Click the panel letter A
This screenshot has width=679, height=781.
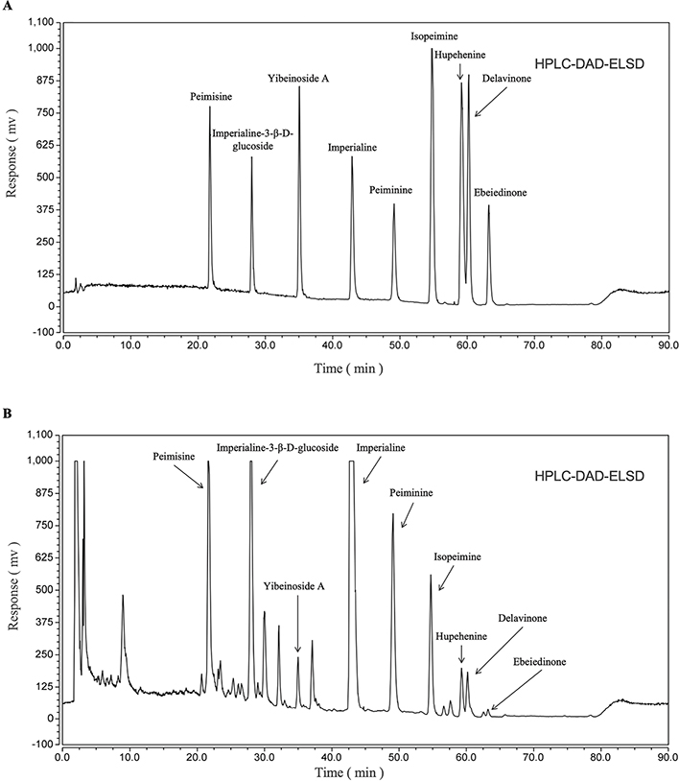pos(8,9)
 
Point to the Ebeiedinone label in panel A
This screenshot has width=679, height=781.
pos(500,193)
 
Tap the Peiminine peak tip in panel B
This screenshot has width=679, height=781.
pos(392,514)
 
